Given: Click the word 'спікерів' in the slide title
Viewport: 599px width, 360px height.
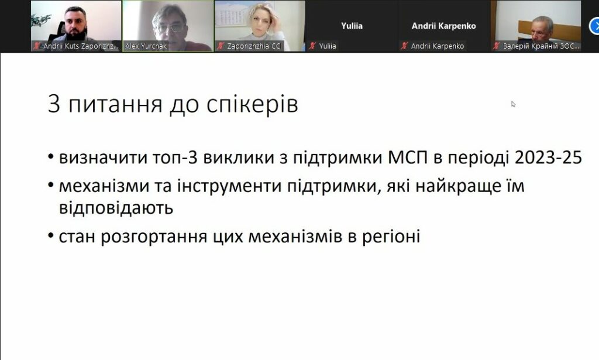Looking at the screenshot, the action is click(x=252, y=105).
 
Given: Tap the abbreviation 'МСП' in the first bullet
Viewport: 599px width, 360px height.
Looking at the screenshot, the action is click(x=408, y=157).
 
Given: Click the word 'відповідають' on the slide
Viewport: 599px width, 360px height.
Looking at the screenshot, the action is click(x=116, y=208).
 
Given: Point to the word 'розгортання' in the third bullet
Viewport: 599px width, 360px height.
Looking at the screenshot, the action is click(x=154, y=236).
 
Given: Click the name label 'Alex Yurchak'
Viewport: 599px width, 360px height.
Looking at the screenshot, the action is click(x=146, y=46).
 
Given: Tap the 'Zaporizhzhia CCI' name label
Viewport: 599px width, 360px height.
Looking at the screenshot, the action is click(x=254, y=46).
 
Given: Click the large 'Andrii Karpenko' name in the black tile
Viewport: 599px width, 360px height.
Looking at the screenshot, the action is click(x=443, y=26).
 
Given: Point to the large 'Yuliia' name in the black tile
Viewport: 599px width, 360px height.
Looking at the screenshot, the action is click(x=352, y=26).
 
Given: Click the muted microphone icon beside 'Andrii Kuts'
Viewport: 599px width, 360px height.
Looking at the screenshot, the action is click(x=37, y=46).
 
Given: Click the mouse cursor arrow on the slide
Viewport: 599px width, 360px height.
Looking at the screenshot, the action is click(x=513, y=104).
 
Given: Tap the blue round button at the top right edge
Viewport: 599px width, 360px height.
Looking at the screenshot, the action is click(x=595, y=26).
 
